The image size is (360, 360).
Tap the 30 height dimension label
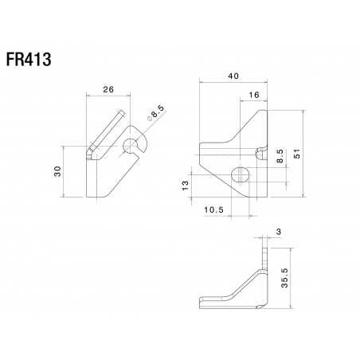coord(57,173)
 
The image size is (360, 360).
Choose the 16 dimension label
coord(253,95)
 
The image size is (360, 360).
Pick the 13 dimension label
coord(185,185)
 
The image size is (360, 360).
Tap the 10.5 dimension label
coord(213,211)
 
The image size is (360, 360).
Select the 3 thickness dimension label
coord(276,232)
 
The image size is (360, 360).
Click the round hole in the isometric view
coord(131,145)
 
